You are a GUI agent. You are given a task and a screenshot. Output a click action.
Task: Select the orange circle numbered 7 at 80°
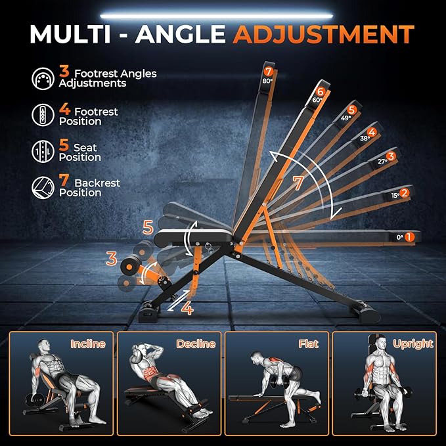pos(268,72)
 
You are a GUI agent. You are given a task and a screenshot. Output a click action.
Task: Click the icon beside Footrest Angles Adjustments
pos(42,79)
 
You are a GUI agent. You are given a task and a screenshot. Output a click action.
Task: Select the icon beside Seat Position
pos(42,152)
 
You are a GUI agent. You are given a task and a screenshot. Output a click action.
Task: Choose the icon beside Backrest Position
pos(42,187)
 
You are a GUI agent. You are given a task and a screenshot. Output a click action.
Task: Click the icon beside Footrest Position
pos(42,116)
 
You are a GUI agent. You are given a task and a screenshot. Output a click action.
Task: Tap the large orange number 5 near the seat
pos(148,228)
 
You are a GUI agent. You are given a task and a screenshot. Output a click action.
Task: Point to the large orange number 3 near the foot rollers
pos(112,259)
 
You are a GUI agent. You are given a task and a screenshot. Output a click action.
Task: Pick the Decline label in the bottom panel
pos(196,344)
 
